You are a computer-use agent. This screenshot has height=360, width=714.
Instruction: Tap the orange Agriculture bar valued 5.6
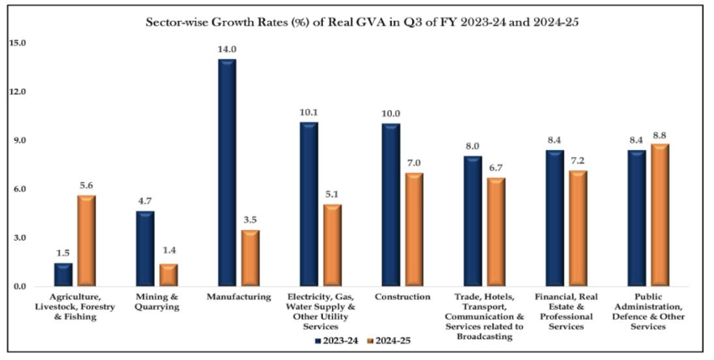pyautogui.click(x=86, y=241)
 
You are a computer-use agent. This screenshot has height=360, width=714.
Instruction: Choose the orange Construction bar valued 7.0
pyautogui.click(x=414, y=230)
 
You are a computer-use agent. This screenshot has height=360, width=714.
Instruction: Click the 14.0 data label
pyautogui.click(x=227, y=49)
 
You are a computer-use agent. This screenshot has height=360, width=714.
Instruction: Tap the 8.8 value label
pyautogui.click(x=659, y=134)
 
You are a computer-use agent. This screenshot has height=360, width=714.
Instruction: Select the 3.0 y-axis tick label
pyautogui.click(x=19, y=238)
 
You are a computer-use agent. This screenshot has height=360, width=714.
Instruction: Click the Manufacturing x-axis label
pyautogui.click(x=238, y=297)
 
